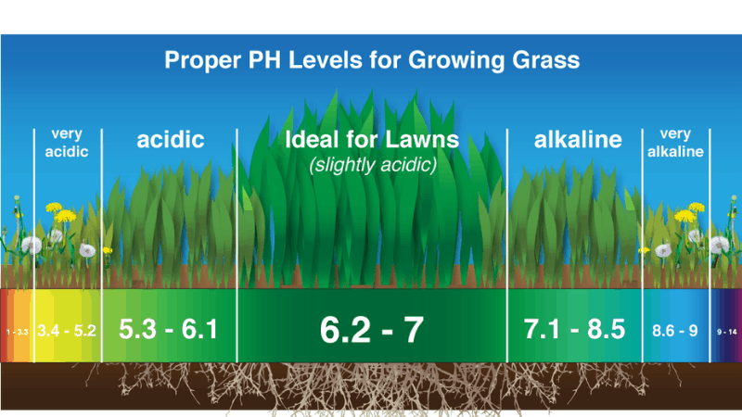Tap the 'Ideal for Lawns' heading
(371, 141)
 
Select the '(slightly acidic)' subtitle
(371, 165)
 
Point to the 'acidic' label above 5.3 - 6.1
(171, 141)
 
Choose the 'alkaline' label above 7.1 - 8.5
(577, 141)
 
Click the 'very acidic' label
(67, 143)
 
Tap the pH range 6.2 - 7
(371, 330)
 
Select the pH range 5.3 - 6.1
(169, 329)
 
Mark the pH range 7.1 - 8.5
(576, 329)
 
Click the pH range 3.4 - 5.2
(67, 330)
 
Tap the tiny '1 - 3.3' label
(17, 331)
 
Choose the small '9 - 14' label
(725, 331)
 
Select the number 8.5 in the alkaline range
(607, 329)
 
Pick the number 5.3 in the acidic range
(138, 329)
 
